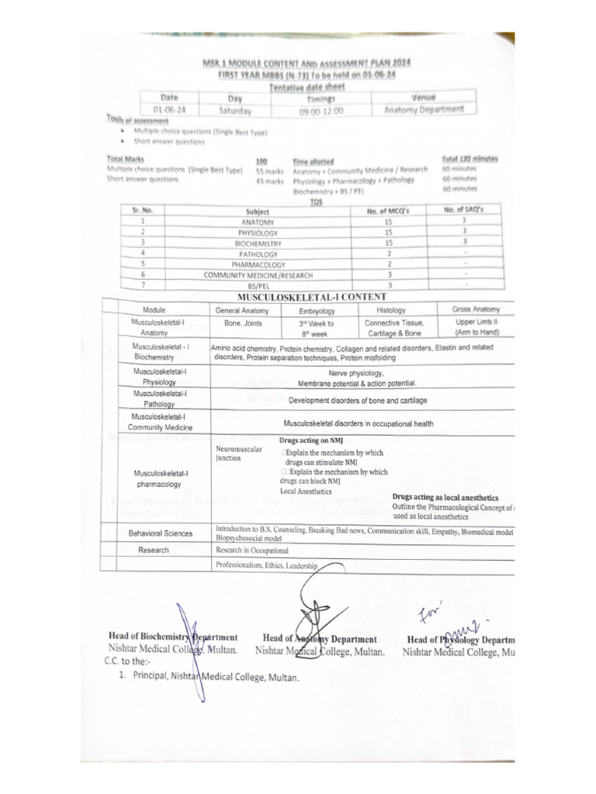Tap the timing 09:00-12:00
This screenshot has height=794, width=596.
[320, 111]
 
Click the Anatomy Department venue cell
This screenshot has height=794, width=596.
[424, 109]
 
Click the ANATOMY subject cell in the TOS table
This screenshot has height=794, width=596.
[258, 222]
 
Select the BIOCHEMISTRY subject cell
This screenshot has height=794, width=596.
[258, 243]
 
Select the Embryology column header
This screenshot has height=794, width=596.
[317, 309]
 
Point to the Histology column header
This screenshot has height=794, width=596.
[390, 309]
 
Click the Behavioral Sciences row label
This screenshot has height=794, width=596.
[160, 533]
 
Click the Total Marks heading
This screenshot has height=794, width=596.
[125, 158]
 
